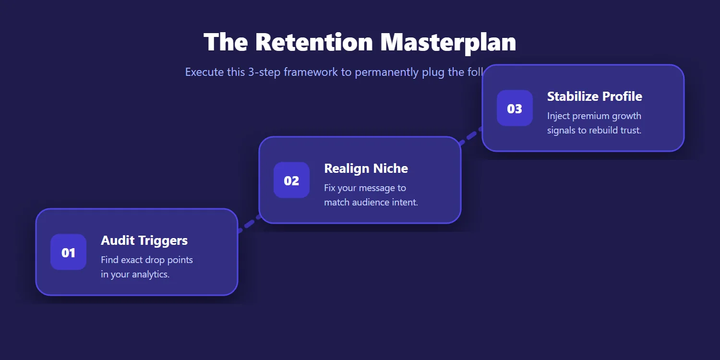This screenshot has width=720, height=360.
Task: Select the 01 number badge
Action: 68,252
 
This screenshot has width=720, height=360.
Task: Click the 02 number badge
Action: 291,180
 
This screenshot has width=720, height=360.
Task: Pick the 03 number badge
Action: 515,108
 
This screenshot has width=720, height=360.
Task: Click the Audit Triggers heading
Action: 144,240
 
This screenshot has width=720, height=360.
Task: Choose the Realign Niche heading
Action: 366,168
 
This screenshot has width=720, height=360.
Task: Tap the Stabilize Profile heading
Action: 594,96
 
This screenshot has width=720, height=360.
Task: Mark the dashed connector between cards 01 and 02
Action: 249,223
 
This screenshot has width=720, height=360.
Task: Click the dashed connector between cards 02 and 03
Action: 470,136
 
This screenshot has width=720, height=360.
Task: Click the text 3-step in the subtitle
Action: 264,72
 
